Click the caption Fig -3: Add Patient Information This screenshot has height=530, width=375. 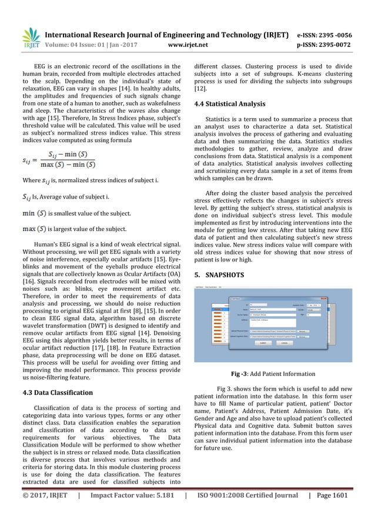click(x=274, y=374)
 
